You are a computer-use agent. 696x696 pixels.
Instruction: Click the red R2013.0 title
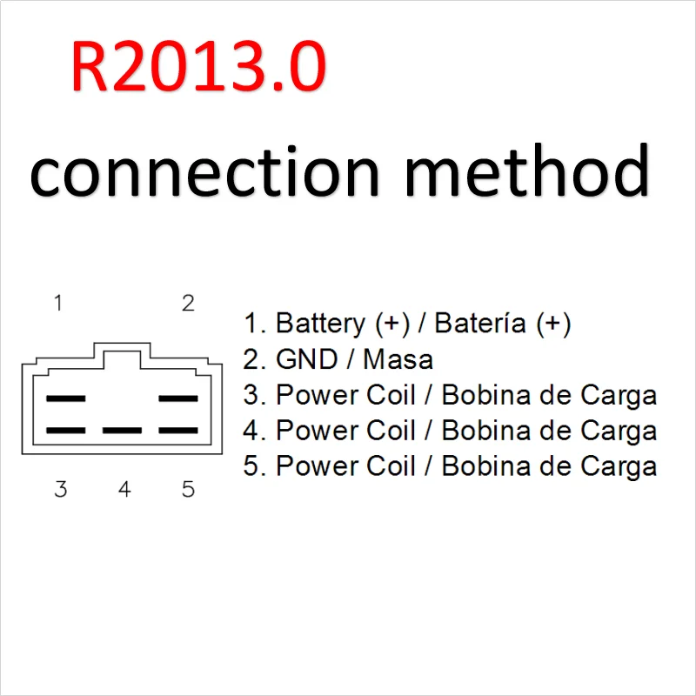click(x=198, y=68)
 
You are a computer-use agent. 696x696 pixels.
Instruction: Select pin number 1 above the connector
click(x=58, y=304)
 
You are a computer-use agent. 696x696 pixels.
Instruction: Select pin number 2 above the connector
click(x=188, y=304)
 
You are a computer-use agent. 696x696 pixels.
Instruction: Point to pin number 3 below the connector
click(x=60, y=489)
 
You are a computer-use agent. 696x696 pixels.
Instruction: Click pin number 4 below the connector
click(x=124, y=489)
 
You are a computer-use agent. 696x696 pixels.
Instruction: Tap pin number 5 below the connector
click(x=188, y=489)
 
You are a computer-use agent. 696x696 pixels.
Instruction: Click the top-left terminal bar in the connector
click(x=65, y=398)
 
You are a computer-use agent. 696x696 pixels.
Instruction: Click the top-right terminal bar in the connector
click(x=178, y=398)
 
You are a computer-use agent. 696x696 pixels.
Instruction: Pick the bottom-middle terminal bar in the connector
click(x=122, y=431)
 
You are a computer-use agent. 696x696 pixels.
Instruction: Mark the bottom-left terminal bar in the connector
click(x=65, y=431)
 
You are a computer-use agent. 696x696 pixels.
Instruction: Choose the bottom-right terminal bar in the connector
click(x=178, y=431)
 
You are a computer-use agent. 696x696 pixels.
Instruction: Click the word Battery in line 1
click(x=320, y=324)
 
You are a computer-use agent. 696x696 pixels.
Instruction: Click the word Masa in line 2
click(x=398, y=359)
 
